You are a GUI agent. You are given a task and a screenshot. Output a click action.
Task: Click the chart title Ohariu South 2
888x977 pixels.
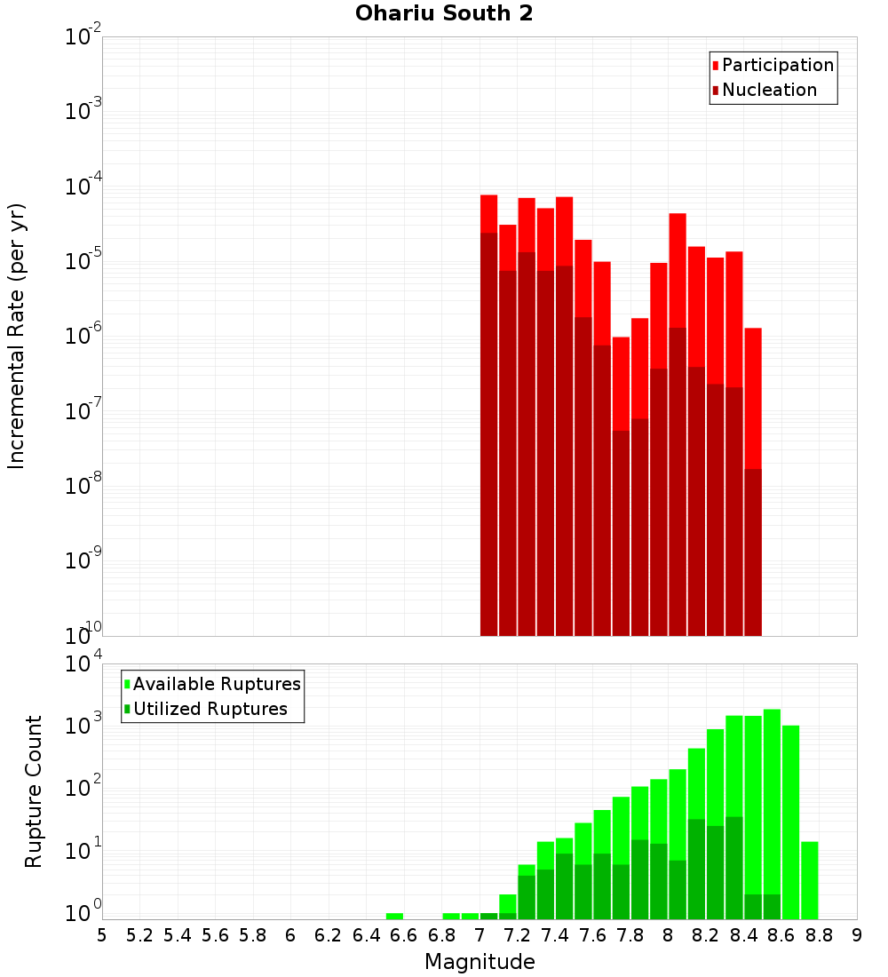[x=444, y=14]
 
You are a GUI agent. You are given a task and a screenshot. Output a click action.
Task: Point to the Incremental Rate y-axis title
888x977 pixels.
[x=17, y=336]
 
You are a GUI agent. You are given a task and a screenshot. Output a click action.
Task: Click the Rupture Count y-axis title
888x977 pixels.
[x=34, y=790]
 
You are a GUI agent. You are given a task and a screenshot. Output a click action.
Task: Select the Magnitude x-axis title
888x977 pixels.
[x=480, y=962]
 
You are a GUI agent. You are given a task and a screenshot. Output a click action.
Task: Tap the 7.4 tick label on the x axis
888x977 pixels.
[x=555, y=935]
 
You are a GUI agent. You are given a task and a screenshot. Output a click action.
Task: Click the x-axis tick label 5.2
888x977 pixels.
[x=139, y=935]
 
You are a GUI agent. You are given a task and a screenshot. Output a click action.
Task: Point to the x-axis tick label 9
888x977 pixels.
[x=857, y=935]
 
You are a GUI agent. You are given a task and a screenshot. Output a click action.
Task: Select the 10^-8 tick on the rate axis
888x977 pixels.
[x=83, y=486]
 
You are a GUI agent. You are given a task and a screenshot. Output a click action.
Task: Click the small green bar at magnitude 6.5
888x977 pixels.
[x=394, y=916]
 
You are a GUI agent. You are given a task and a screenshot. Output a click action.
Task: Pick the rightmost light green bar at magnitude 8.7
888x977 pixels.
[x=809, y=879]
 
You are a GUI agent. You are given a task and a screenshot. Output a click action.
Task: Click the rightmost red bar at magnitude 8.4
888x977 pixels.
[x=753, y=400]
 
